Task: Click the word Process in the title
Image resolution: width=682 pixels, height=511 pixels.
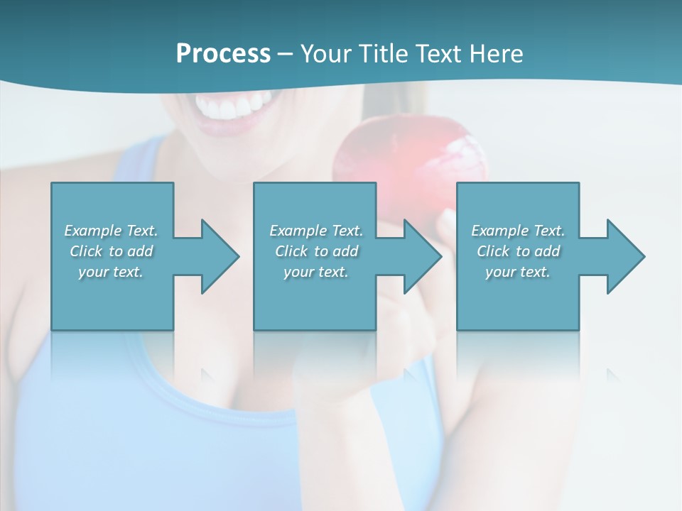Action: (223, 54)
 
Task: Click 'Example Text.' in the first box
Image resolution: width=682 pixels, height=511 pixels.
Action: (111, 231)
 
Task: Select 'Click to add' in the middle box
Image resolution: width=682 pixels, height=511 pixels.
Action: (316, 251)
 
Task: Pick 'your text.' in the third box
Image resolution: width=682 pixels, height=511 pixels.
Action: (518, 272)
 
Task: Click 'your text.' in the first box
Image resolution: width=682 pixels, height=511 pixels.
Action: (111, 272)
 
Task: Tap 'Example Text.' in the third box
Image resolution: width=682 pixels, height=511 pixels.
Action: (518, 231)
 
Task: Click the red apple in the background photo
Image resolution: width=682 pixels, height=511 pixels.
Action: (401, 163)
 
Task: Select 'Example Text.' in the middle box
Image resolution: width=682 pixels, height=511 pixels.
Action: (316, 231)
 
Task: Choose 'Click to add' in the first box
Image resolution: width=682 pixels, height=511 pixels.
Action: (111, 251)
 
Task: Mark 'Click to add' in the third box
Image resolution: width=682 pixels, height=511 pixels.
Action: (518, 251)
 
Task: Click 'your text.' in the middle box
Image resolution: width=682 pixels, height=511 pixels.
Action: (316, 272)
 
